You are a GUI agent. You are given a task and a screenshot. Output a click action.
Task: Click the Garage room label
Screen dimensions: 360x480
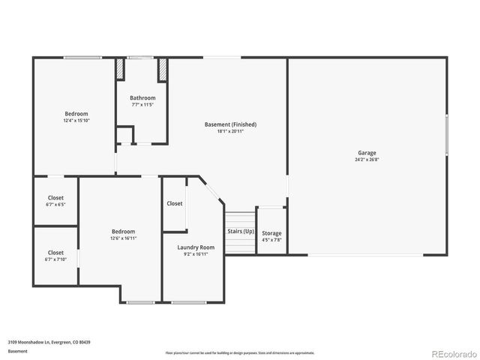point(367,152)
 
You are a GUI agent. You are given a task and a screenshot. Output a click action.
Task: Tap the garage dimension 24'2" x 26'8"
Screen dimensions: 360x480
point(367,159)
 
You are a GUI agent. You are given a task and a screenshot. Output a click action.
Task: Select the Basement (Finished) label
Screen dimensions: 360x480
point(230,124)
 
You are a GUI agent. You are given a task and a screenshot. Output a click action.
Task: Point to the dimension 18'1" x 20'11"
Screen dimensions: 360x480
point(230,130)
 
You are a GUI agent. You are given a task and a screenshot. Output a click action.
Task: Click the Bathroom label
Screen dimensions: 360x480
point(142,97)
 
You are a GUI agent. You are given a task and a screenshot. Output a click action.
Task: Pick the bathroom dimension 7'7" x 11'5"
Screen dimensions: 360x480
point(142,104)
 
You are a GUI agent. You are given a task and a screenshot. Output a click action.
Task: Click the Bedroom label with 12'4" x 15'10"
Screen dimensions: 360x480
point(76,113)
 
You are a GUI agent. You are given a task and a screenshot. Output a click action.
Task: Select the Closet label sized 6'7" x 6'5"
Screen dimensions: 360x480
point(55,198)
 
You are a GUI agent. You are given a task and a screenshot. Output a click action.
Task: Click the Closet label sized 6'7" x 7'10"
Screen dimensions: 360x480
point(55,253)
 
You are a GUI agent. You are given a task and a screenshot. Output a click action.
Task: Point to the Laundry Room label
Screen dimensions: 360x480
point(196,247)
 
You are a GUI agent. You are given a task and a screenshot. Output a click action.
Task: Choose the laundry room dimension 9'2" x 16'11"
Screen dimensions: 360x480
point(196,253)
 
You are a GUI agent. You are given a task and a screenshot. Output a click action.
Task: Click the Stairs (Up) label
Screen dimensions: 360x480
point(241,231)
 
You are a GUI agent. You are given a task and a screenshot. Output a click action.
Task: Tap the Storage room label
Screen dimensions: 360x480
point(271,233)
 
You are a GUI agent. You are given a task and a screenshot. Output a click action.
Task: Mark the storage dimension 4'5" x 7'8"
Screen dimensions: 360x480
point(271,240)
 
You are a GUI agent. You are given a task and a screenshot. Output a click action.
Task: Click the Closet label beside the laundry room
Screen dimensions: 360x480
point(175,203)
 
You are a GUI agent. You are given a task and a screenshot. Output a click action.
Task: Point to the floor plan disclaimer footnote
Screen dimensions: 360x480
point(240,352)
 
